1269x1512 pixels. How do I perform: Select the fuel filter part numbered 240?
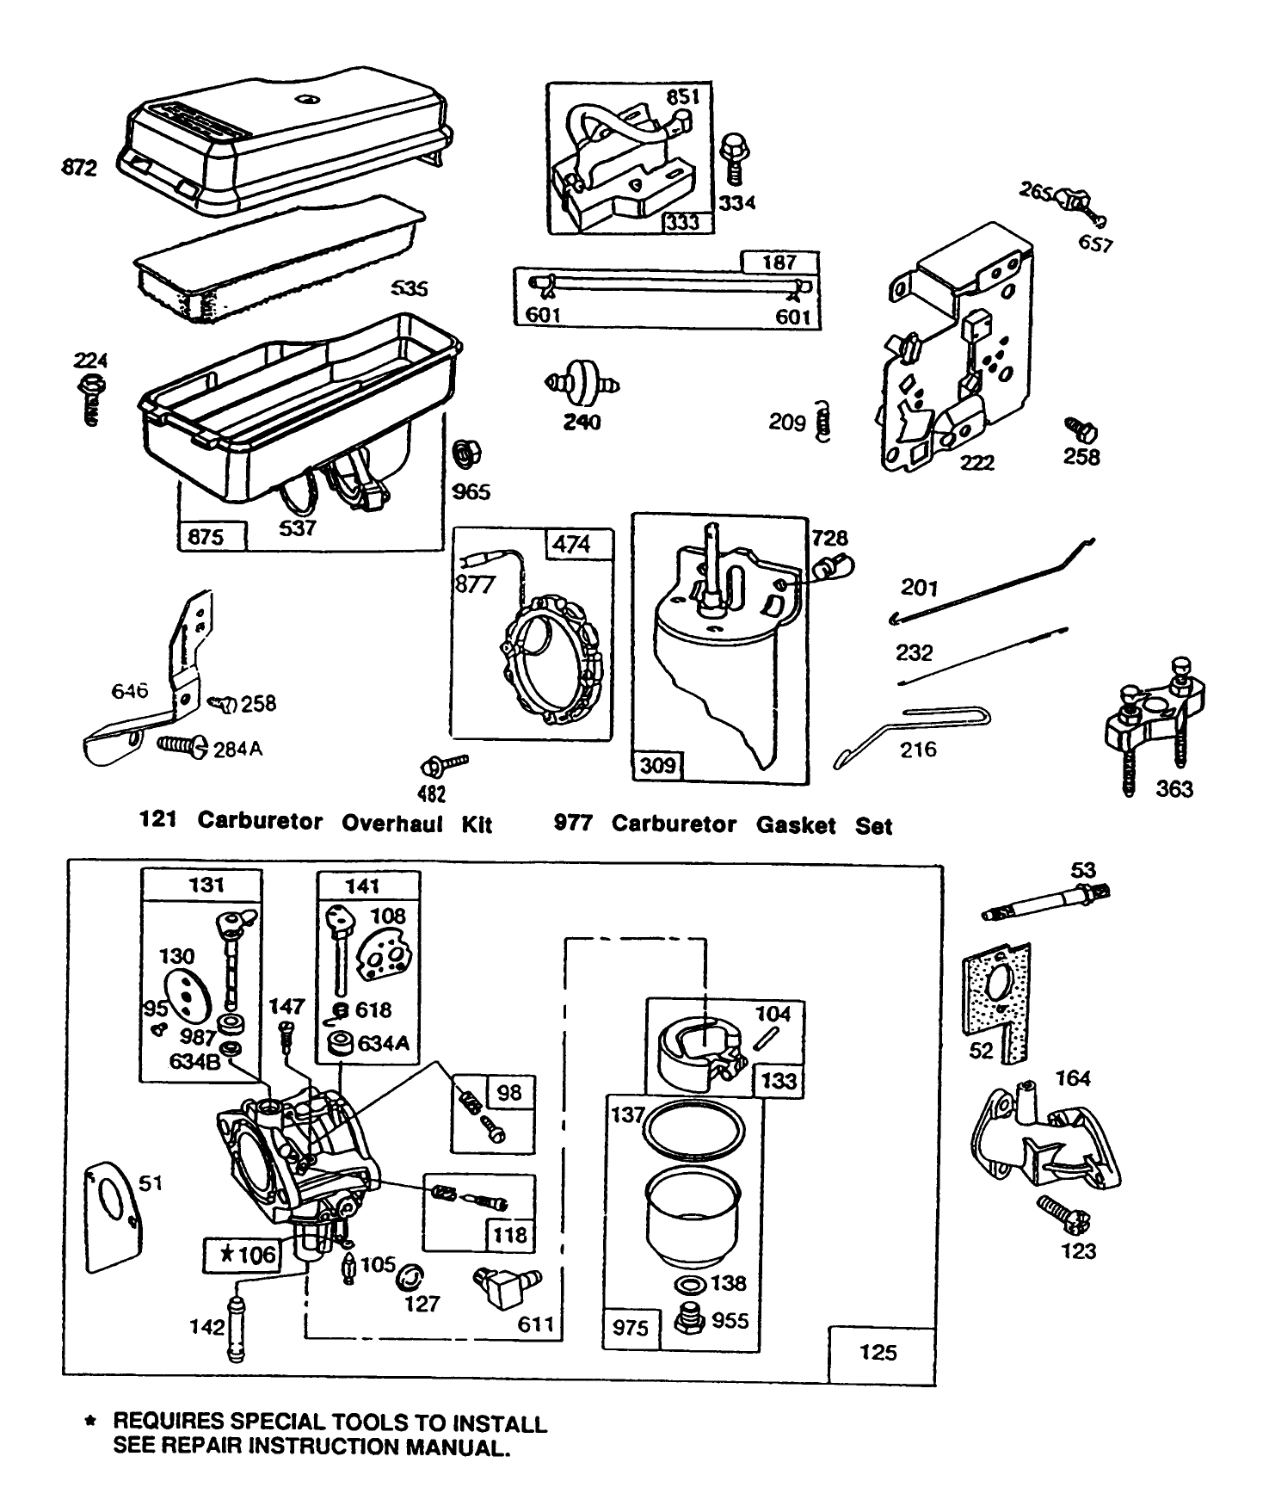pyautogui.click(x=582, y=383)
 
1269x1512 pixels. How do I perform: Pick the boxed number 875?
pyautogui.click(x=206, y=537)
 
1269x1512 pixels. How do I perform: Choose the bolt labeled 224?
pyautogui.click(x=91, y=397)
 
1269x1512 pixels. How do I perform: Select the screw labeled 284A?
pyautogui.click(x=182, y=746)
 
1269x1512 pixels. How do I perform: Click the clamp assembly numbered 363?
pyautogui.click(x=1153, y=714)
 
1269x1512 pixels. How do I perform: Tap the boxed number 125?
pyautogui.click(x=878, y=1353)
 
